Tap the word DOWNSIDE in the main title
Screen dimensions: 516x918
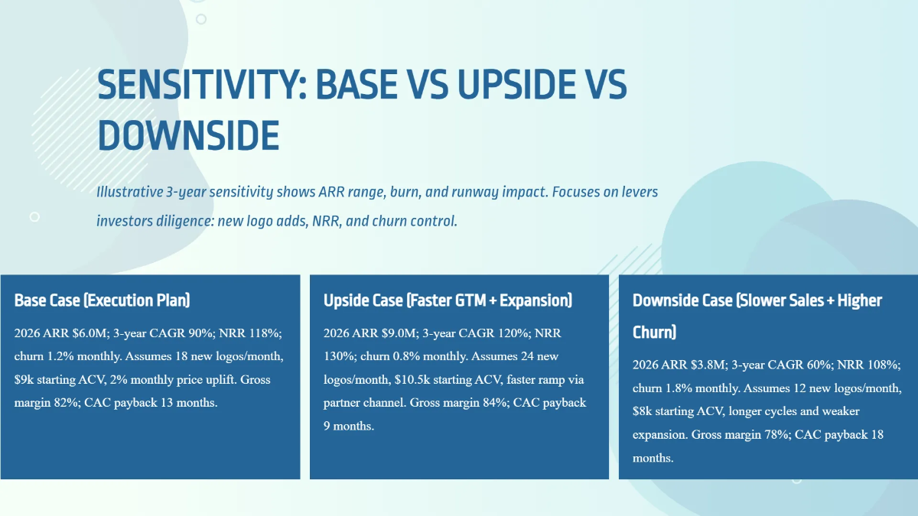tap(188, 135)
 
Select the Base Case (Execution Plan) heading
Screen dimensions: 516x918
tap(102, 300)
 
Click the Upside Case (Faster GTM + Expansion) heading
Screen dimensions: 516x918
tap(448, 300)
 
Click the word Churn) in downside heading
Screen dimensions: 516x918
tap(654, 333)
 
